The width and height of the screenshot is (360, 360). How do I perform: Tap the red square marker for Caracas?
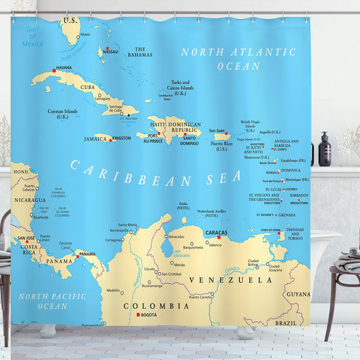(x=219, y=237)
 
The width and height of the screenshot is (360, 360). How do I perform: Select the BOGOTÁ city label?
(x=149, y=315)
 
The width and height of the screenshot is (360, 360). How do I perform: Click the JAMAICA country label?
(x=96, y=138)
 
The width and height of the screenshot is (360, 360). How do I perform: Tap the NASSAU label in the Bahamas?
(x=111, y=51)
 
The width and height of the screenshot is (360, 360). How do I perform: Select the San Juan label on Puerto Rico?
(x=217, y=131)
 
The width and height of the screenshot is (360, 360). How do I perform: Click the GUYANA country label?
(x=298, y=294)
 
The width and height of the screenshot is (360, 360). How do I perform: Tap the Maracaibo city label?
(x=176, y=237)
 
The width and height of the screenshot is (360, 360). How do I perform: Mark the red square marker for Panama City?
(x=76, y=255)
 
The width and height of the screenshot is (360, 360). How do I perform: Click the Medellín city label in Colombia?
(x=113, y=291)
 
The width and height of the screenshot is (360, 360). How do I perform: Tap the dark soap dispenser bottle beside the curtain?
(x=325, y=151)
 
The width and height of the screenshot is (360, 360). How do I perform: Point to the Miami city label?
(x=85, y=34)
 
